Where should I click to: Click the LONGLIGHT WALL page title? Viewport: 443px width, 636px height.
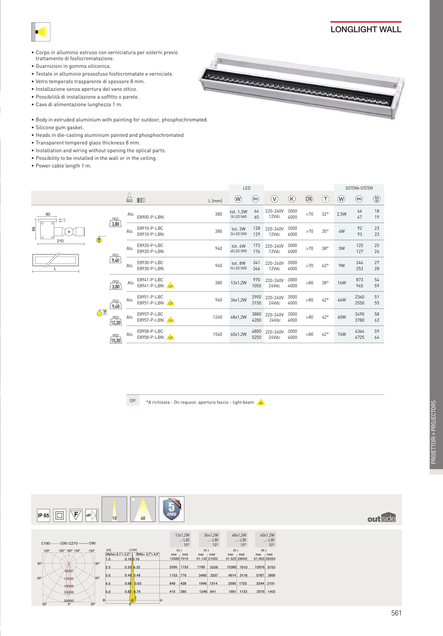tap(366, 29)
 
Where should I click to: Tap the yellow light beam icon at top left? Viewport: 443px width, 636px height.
tap(41, 32)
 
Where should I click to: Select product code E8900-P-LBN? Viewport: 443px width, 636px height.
tap(150, 217)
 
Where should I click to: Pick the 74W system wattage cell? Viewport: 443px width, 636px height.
tap(341, 334)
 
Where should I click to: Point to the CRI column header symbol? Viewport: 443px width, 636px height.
tap(309, 199)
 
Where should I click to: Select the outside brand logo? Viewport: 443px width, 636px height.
tap(381, 517)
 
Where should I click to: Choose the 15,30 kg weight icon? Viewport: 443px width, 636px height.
tap(116, 339)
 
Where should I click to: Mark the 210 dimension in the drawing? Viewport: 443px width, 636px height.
tap(60, 241)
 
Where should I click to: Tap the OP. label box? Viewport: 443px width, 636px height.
tap(133, 401)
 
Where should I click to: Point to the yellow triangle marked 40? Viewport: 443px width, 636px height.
tap(261, 402)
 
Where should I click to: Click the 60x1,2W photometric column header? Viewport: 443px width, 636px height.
tap(267, 540)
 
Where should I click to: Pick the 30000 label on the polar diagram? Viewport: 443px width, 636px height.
tap(69, 601)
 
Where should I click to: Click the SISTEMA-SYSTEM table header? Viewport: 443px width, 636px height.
tap(359, 188)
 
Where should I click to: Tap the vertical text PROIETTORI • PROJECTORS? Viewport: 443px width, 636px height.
tap(434, 432)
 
